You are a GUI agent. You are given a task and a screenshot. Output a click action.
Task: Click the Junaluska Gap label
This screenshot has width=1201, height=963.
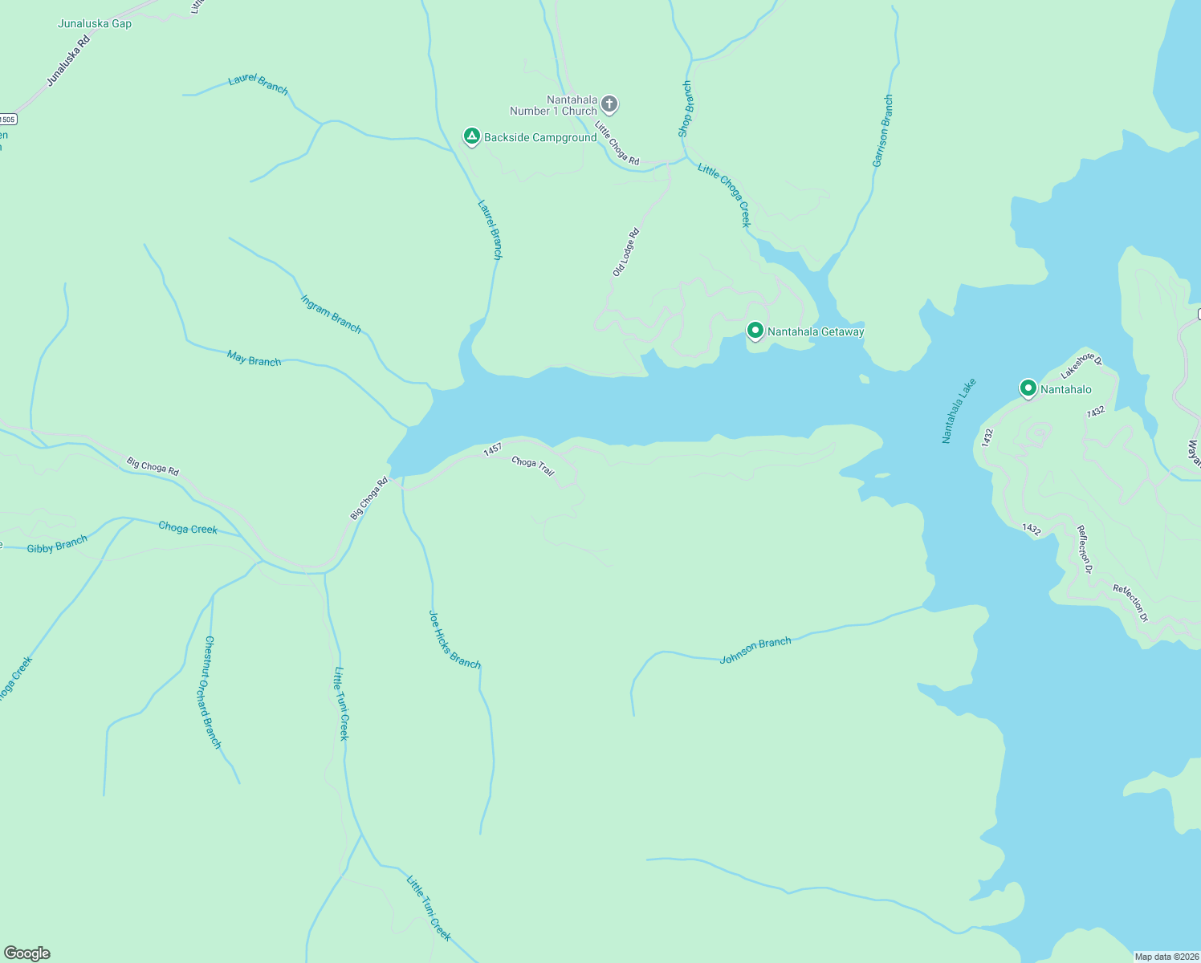coord(95,23)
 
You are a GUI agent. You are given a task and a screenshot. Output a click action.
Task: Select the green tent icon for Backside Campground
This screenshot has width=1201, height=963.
coord(472,136)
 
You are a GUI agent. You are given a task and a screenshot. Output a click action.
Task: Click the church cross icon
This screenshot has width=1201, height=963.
coord(609,104)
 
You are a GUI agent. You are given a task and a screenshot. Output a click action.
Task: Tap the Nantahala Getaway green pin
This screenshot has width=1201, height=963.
coord(755,331)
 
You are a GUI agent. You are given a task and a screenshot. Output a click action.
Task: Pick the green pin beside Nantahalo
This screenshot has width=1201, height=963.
coord(1028,388)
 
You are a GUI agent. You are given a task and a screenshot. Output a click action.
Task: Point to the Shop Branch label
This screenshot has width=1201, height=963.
coord(685,108)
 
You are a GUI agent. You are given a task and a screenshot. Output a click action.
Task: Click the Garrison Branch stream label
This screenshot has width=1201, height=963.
coord(882,131)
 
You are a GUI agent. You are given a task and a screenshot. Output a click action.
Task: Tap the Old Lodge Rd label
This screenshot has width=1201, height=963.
coord(625,252)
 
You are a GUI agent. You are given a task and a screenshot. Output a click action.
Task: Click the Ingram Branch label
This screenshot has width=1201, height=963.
coord(331,313)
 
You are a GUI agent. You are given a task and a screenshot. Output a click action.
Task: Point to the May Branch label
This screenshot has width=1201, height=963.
coord(254,359)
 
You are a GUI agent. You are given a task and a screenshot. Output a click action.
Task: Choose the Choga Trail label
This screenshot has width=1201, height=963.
coord(533,465)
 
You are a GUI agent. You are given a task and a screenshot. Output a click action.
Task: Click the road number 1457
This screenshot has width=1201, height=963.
coord(492,450)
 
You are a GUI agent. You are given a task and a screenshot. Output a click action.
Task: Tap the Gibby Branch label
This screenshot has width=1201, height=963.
coord(57,545)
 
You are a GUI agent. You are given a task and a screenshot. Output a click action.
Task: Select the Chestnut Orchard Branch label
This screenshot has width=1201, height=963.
coord(212,692)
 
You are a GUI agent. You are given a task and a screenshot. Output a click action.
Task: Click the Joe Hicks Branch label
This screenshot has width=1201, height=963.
coord(454,640)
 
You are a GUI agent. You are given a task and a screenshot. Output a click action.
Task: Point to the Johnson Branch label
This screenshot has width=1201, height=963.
coord(755,650)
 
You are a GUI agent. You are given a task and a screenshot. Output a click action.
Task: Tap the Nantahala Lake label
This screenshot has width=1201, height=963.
coord(959,411)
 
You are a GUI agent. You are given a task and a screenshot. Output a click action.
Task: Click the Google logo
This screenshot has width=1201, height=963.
coord(27,953)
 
